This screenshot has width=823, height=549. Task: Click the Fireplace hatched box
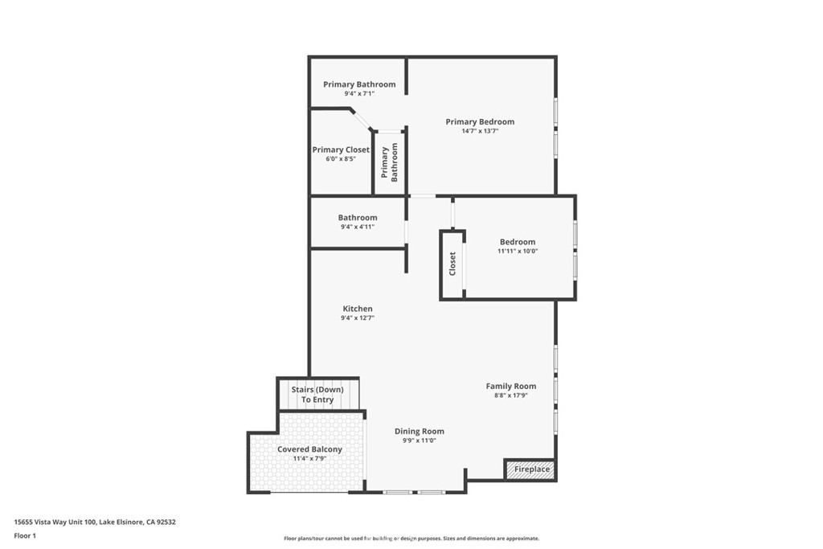point(530,469)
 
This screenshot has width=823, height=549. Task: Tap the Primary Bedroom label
point(480,121)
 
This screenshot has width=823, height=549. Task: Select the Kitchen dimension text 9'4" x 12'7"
point(358,318)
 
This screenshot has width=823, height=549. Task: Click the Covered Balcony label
point(309,449)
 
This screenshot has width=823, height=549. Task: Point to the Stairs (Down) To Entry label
point(317,395)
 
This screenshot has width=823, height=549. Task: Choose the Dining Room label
point(420,432)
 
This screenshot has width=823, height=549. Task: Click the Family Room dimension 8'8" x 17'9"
point(510,395)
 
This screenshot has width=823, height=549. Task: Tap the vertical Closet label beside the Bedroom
point(452,264)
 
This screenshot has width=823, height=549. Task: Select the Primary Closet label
point(341,150)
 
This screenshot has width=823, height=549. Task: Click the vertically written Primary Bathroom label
point(390,162)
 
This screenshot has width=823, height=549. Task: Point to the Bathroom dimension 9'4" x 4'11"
point(358,227)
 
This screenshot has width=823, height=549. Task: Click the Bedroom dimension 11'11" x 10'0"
point(518,252)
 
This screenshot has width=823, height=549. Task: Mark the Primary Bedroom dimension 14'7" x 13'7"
point(480,131)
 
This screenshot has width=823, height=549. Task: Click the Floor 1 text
point(25,536)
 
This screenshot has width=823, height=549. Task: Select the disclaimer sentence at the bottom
point(411,539)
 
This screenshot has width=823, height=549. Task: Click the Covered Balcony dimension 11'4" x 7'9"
point(309,459)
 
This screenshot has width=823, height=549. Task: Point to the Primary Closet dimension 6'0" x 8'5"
point(341,159)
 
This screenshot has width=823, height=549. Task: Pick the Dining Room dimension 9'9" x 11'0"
point(420,440)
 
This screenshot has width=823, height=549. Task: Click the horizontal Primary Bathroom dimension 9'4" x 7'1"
point(359,94)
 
